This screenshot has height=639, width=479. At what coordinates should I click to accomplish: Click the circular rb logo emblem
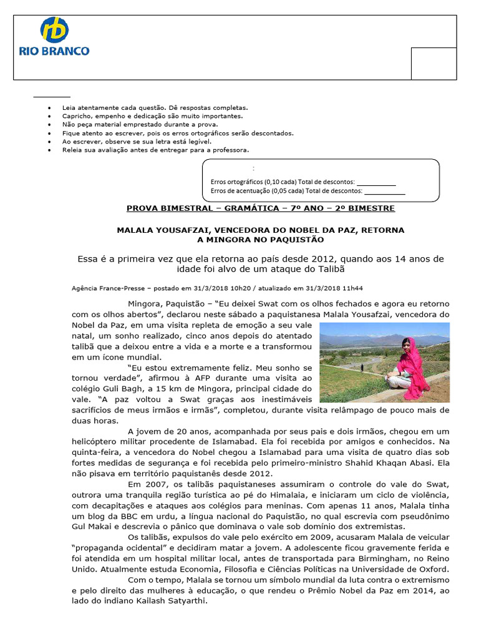pyautogui.click(x=55, y=30)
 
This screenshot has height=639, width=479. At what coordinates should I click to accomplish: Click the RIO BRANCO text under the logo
pyautogui.click(x=55, y=51)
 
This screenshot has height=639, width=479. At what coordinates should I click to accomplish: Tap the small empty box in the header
pyautogui.click(x=433, y=64)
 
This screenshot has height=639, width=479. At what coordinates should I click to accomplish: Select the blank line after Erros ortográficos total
pyautogui.click(x=375, y=182)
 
